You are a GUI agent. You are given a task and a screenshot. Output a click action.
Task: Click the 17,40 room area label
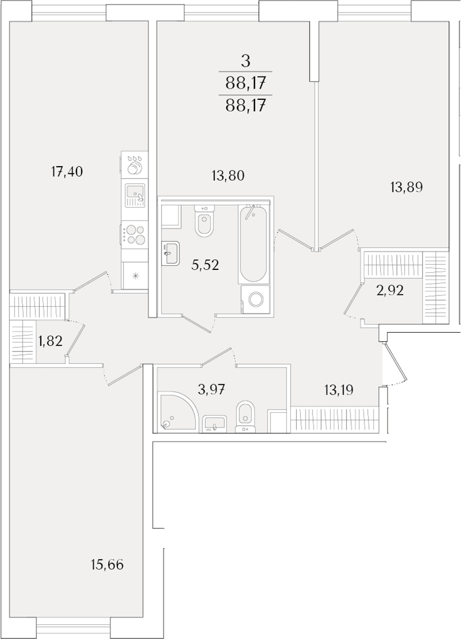pyautogui.click(x=67, y=172)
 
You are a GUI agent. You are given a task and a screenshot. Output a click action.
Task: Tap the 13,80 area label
pyautogui.click(x=228, y=176)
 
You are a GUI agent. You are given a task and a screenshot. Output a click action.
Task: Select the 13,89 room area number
pyautogui.click(x=406, y=187)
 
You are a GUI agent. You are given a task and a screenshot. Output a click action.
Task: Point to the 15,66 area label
pyautogui.click(x=107, y=565)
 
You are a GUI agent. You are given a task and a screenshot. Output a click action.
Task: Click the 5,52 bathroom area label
pyautogui.click(x=205, y=265)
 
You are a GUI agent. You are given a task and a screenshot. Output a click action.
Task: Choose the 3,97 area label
pyautogui.click(x=212, y=390)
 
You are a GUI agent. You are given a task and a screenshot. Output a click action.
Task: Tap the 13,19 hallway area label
pyautogui.click(x=339, y=390)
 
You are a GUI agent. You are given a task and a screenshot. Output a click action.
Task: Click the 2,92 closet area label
pyautogui.click(x=390, y=290)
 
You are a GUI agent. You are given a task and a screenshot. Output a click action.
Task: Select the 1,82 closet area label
pyautogui.click(x=50, y=340)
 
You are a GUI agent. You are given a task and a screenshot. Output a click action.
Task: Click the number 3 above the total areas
pyautogui.click(x=245, y=62)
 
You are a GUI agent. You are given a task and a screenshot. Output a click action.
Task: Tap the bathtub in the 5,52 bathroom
pyautogui.click(x=254, y=244)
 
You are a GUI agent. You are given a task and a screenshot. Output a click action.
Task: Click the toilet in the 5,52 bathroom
pyautogui.click(x=205, y=221)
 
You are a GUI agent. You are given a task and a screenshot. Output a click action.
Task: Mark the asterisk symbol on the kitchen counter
pyautogui.click(x=136, y=276)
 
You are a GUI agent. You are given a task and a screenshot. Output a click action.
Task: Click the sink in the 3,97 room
pyautogui.click(x=215, y=424)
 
